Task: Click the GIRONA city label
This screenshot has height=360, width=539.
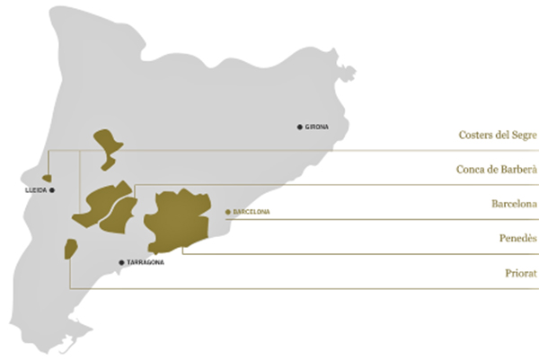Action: [317, 127]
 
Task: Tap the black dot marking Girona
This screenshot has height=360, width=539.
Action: [300, 127]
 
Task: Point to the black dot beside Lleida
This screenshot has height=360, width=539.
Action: [53, 190]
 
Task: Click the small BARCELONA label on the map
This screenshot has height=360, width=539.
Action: [251, 212]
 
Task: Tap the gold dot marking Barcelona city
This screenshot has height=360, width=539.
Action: [228, 212]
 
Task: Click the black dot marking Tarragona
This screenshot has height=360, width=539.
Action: [121, 262]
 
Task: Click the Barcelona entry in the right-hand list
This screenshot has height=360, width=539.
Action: [515, 204]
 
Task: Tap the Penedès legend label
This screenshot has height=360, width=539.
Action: [517, 238]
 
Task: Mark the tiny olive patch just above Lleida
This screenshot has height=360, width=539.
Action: [47, 179]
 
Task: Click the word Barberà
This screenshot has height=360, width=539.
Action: [519, 170]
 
